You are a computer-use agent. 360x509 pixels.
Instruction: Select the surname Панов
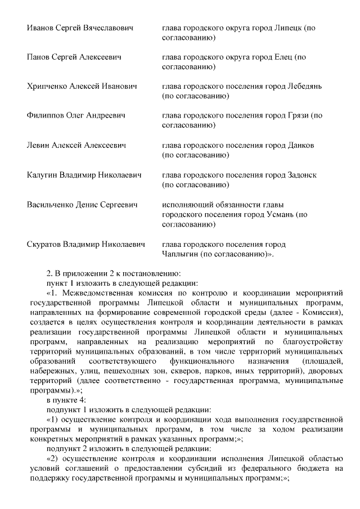coord(40,57)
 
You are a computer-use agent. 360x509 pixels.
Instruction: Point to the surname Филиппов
coord(47,116)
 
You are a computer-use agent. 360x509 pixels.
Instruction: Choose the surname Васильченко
coord(53,204)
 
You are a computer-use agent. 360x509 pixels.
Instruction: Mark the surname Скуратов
coord(46,244)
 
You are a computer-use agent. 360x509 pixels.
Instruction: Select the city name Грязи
coord(298,116)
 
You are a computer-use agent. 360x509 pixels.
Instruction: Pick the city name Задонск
coord(303,175)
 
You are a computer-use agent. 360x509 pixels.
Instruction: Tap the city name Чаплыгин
coord(181,254)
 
